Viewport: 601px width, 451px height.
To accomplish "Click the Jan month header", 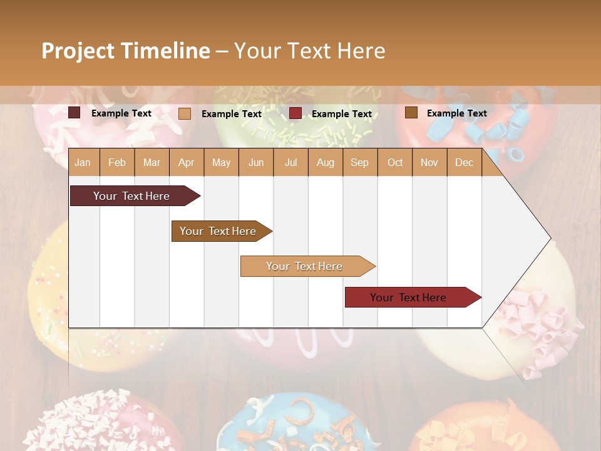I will [x=83, y=163].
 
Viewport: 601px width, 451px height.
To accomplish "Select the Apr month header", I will [x=186, y=163].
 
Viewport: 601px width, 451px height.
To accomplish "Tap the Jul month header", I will [x=290, y=163].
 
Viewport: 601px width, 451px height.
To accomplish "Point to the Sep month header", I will [x=359, y=163].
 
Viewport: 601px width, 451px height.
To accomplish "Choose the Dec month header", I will [x=464, y=163].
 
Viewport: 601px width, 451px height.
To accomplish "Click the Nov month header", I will [x=429, y=163].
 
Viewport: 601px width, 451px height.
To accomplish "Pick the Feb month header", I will [x=117, y=163].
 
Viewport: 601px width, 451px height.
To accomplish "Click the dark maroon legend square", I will [x=74, y=113].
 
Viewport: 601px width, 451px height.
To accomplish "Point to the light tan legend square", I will [x=185, y=113].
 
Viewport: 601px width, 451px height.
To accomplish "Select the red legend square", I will [x=295, y=113].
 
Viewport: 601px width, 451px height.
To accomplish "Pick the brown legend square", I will [x=411, y=113].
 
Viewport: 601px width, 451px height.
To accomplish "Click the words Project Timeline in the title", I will [x=126, y=51].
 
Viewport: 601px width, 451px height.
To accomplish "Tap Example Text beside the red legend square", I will [x=342, y=114].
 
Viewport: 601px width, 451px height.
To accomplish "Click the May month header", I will [x=221, y=163].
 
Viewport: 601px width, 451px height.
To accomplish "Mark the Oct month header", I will [x=395, y=163].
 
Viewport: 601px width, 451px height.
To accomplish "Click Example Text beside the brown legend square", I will [x=457, y=113].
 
